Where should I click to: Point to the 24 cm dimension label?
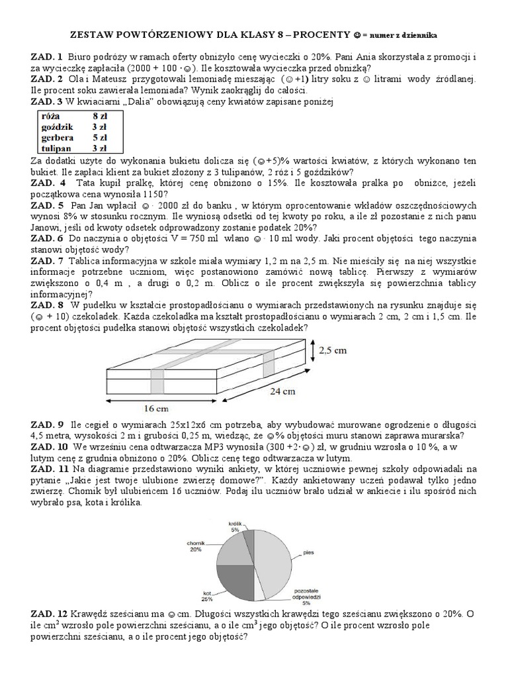tap(282, 391)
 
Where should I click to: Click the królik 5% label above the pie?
tap(235, 526)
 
